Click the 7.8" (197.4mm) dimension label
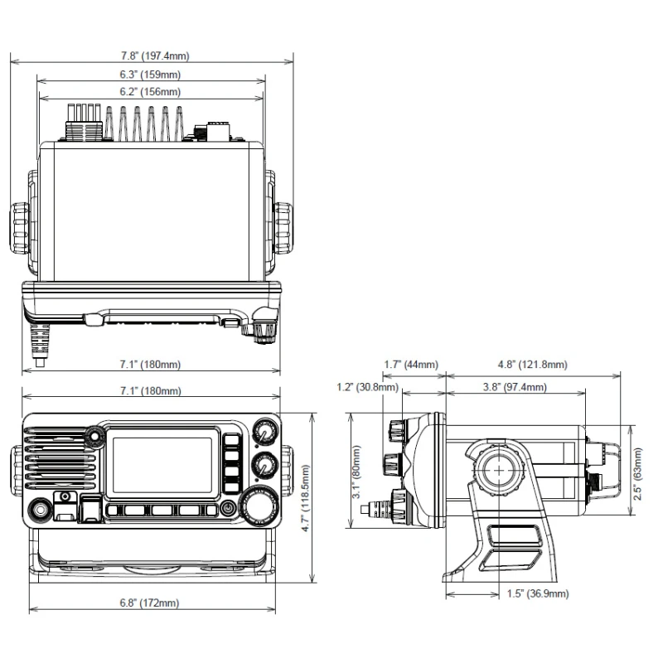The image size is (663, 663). coord(155,56)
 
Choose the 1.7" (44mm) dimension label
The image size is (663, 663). coord(411,365)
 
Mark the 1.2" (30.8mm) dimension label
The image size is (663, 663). coord(367,387)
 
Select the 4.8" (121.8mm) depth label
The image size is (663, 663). coord(532,365)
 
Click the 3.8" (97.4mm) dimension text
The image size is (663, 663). coord(515,387)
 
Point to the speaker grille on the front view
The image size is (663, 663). coord(55,466)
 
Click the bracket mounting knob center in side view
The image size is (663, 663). coord(500,469)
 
